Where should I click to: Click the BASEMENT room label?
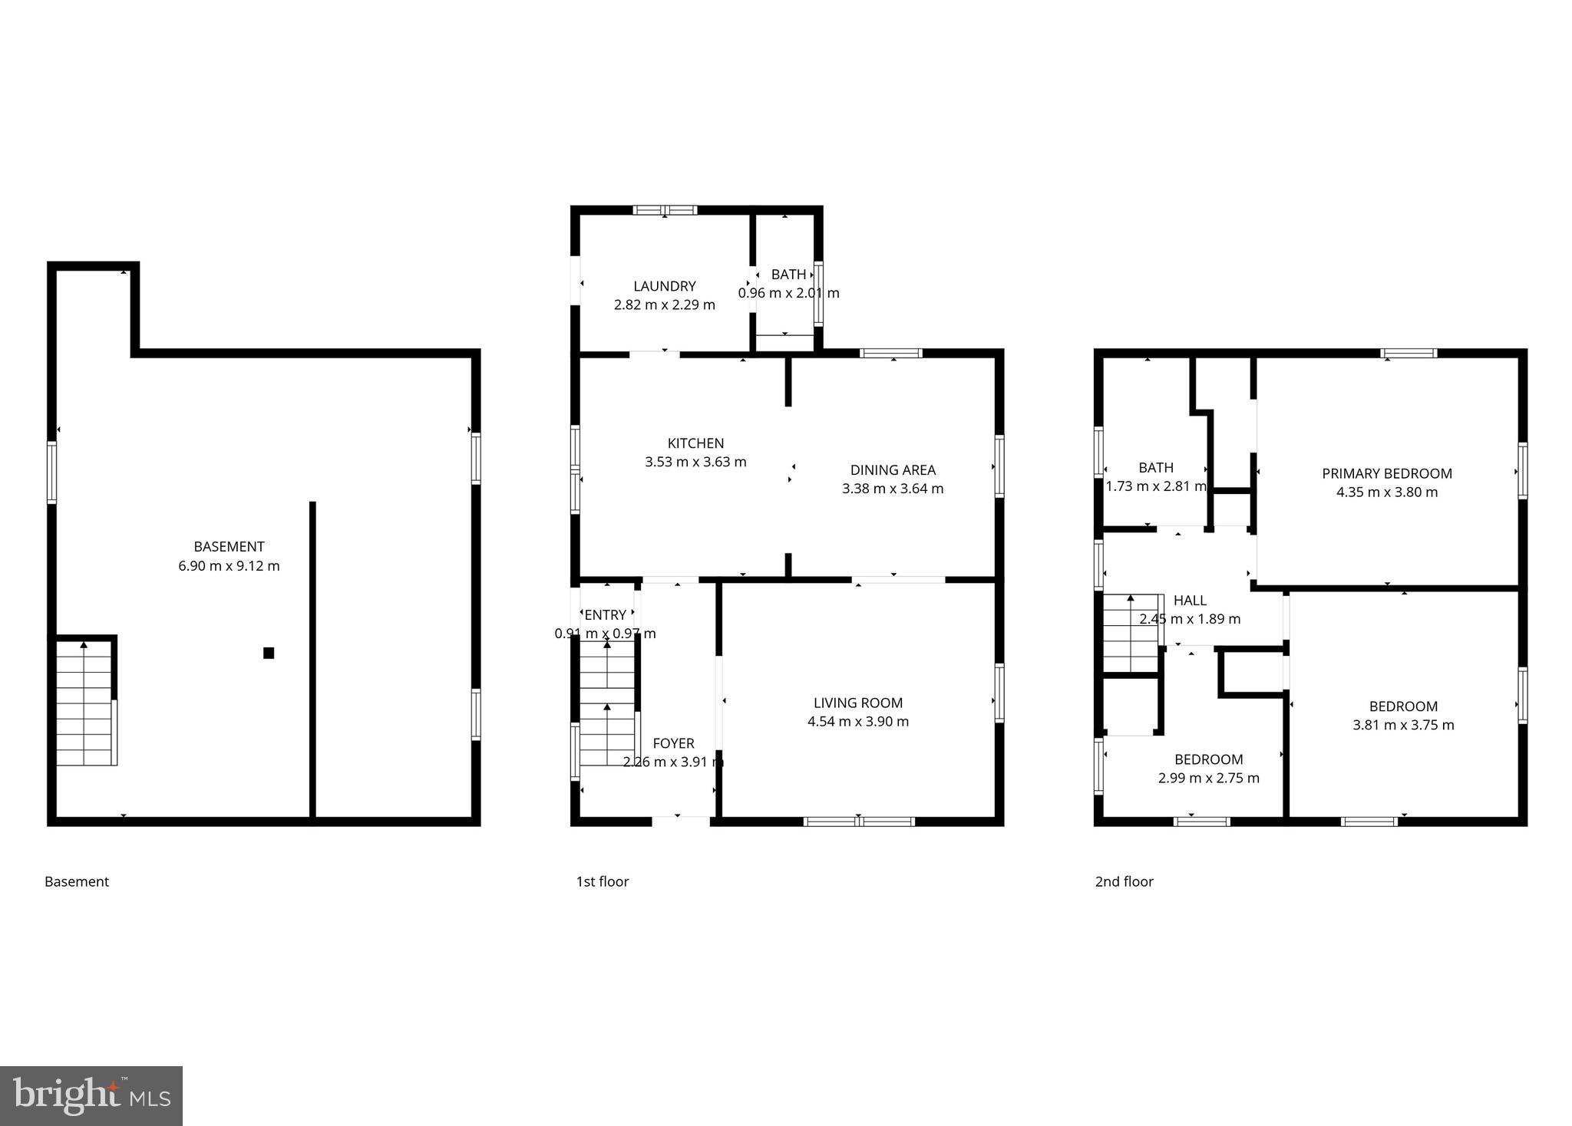229,547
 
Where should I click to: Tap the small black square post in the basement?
269,653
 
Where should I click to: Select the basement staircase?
86,703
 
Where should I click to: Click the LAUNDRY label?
665,286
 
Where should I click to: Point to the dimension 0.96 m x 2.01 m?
788,293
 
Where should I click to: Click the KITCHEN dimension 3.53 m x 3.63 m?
695,462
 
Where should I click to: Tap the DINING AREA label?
893,470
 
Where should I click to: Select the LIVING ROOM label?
858,703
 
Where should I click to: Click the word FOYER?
673,743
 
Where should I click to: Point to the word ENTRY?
605,615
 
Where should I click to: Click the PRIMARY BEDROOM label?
1387,473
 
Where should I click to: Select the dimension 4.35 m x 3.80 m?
1387,492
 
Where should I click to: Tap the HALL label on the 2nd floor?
1190,601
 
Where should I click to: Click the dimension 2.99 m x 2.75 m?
1209,778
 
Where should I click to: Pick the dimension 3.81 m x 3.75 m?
1403,725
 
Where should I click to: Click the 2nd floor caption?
1124,882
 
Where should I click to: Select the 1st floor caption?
603,882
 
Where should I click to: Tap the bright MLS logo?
91,1095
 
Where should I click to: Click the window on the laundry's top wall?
665,209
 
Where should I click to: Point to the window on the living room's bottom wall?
859,821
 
